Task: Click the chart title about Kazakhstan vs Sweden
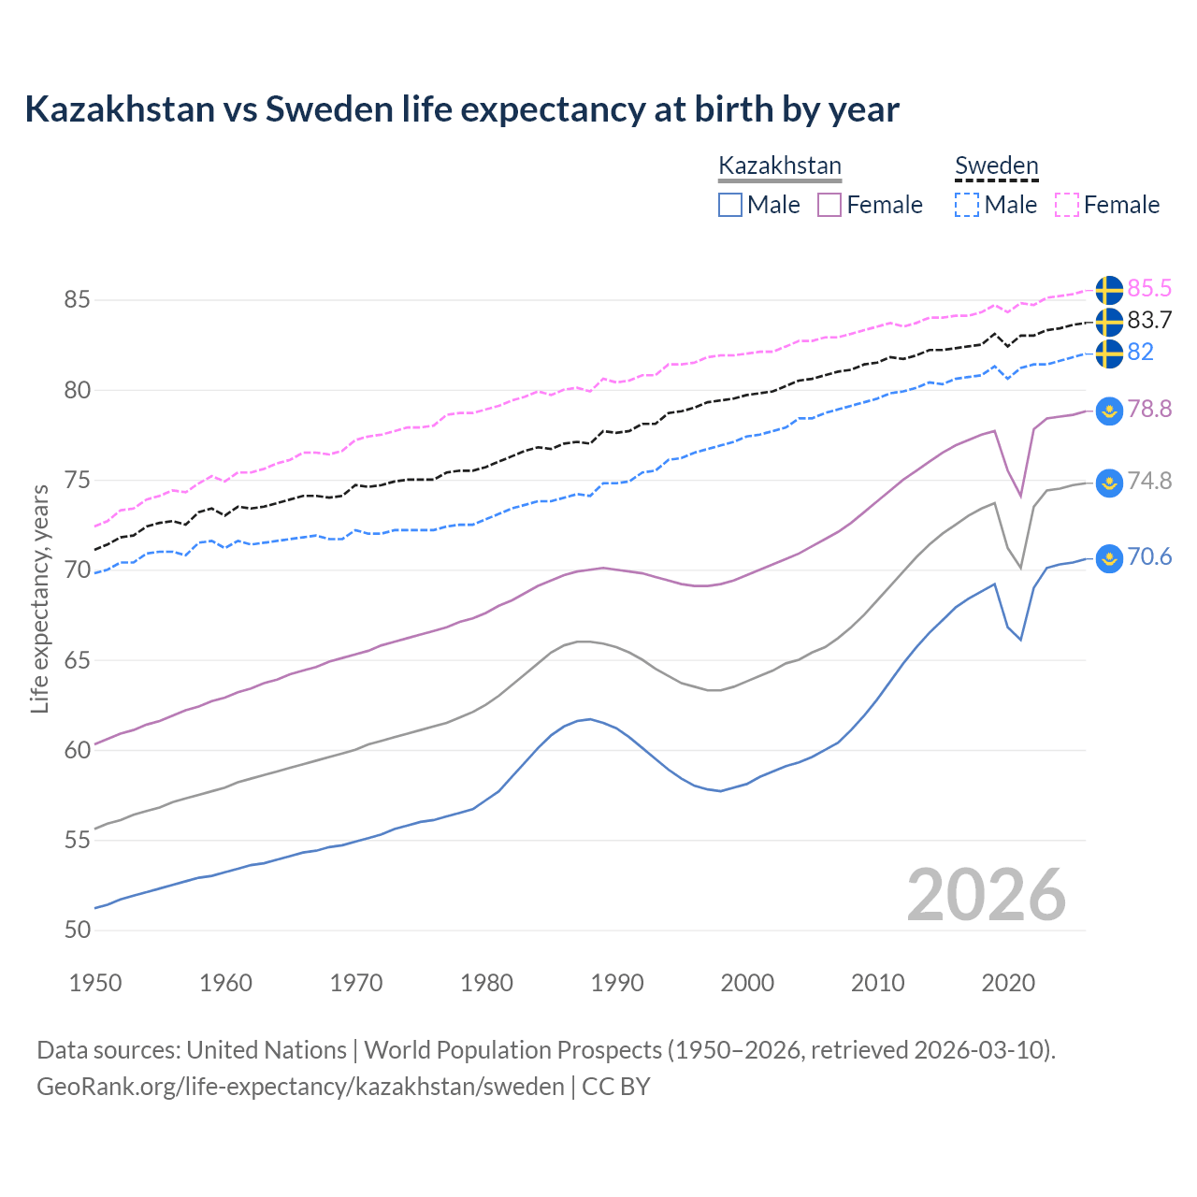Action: point(461,109)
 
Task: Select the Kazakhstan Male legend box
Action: point(730,205)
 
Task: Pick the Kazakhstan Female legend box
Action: point(829,205)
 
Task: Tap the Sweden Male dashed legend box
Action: point(967,205)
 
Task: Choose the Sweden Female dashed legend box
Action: point(1067,205)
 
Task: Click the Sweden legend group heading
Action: point(996,166)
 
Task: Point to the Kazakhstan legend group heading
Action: point(780,166)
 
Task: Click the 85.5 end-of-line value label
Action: point(1149,289)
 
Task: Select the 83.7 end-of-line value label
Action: point(1149,321)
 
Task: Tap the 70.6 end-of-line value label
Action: point(1149,557)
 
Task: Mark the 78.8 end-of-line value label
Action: point(1149,410)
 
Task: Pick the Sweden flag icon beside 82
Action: point(1109,353)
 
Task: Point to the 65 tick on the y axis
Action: point(77,660)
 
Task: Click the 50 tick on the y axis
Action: point(77,930)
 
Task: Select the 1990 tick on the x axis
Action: point(617,983)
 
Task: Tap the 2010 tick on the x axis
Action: point(877,983)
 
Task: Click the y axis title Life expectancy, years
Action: point(39,598)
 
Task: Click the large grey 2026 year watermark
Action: point(987,895)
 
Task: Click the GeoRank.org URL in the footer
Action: point(300,1087)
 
